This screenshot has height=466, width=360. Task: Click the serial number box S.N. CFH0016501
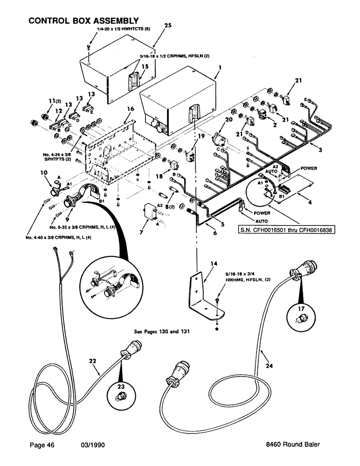tap(281, 229)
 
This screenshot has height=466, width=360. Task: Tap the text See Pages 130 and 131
tap(162, 332)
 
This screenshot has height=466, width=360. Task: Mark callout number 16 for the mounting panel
tap(130, 109)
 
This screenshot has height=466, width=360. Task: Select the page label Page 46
tap(41, 445)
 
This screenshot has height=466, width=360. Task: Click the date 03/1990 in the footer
tap(92, 445)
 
